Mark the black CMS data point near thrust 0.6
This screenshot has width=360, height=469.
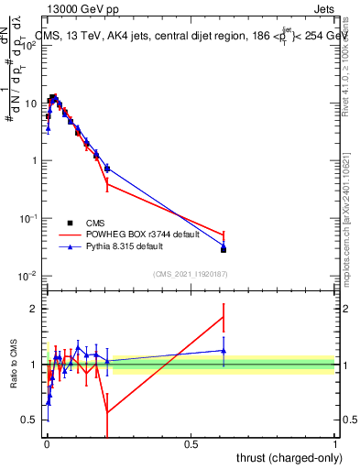click(224, 249)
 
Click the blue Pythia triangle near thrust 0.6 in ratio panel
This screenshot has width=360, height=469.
click(224, 350)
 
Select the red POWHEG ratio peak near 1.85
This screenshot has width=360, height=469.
click(224, 317)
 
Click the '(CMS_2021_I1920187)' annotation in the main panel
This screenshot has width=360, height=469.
click(190, 273)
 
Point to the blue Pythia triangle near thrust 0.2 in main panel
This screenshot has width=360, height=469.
click(107, 168)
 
